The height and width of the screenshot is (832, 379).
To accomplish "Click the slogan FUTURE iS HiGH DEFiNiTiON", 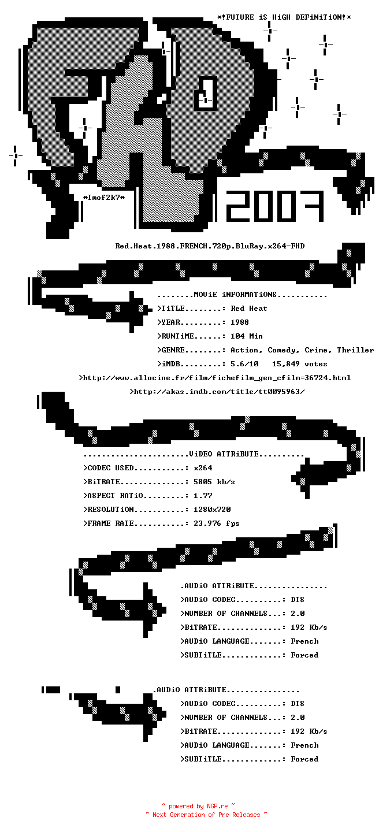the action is (284, 17).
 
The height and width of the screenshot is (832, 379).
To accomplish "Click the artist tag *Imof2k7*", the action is (104, 198).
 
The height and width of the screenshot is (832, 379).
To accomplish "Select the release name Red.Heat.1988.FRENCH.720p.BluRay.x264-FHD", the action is (210, 246).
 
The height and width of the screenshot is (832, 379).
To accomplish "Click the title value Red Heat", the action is (249, 309).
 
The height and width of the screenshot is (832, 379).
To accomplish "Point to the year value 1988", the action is (240, 322).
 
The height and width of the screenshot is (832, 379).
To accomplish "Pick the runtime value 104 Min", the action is (247, 336).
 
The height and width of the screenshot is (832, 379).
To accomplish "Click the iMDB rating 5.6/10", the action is (244, 364).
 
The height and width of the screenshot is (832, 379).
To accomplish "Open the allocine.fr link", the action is (215, 378).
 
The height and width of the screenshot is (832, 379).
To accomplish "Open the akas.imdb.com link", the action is (217, 392).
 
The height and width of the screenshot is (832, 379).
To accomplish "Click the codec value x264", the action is (203, 468).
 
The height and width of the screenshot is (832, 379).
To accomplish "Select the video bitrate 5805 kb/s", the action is (214, 482).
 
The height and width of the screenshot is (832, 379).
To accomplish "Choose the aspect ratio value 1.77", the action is (203, 496).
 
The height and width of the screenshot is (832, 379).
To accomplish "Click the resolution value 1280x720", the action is (212, 510).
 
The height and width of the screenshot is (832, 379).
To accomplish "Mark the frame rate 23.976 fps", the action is (217, 523).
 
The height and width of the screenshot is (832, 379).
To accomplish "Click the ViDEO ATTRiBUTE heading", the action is (224, 454).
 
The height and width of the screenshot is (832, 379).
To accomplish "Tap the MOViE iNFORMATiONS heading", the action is (235, 295).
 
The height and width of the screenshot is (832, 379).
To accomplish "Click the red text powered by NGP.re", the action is (198, 806).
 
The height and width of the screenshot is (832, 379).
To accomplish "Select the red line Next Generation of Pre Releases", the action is (206, 815).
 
